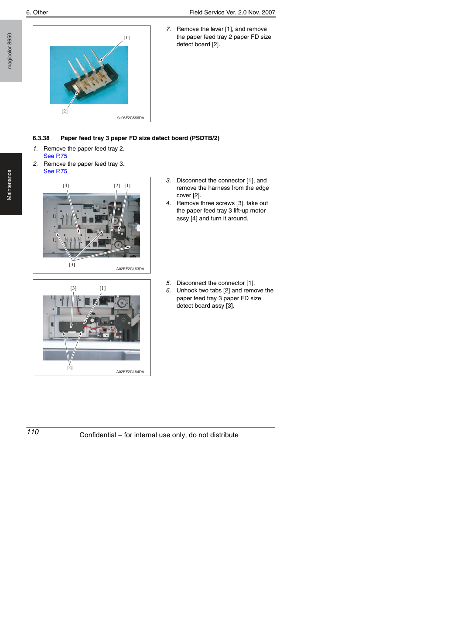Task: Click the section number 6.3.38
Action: click(x=41, y=138)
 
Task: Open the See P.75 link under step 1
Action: click(x=55, y=156)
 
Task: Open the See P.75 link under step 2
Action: click(x=55, y=171)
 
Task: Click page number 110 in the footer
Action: click(x=33, y=432)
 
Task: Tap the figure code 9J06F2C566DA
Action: click(x=131, y=118)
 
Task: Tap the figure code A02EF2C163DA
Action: click(x=130, y=269)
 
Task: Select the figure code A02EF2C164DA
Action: click(x=130, y=372)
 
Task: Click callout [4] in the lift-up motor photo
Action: click(x=66, y=185)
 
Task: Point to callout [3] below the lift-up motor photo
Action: click(x=72, y=264)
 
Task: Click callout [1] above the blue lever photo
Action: click(x=126, y=38)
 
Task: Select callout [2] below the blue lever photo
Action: click(x=65, y=111)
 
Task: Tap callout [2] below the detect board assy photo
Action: click(x=69, y=367)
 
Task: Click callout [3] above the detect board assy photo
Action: click(x=73, y=288)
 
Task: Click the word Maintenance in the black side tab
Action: click(x=10, y=185)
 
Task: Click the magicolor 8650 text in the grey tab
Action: click(x=10, y=51)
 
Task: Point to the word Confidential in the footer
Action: click(x=98, y=435)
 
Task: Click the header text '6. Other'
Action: click(x=37, y=12)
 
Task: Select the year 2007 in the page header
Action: click(x=269, y=12)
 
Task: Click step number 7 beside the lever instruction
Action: click(x=168, y=29)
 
